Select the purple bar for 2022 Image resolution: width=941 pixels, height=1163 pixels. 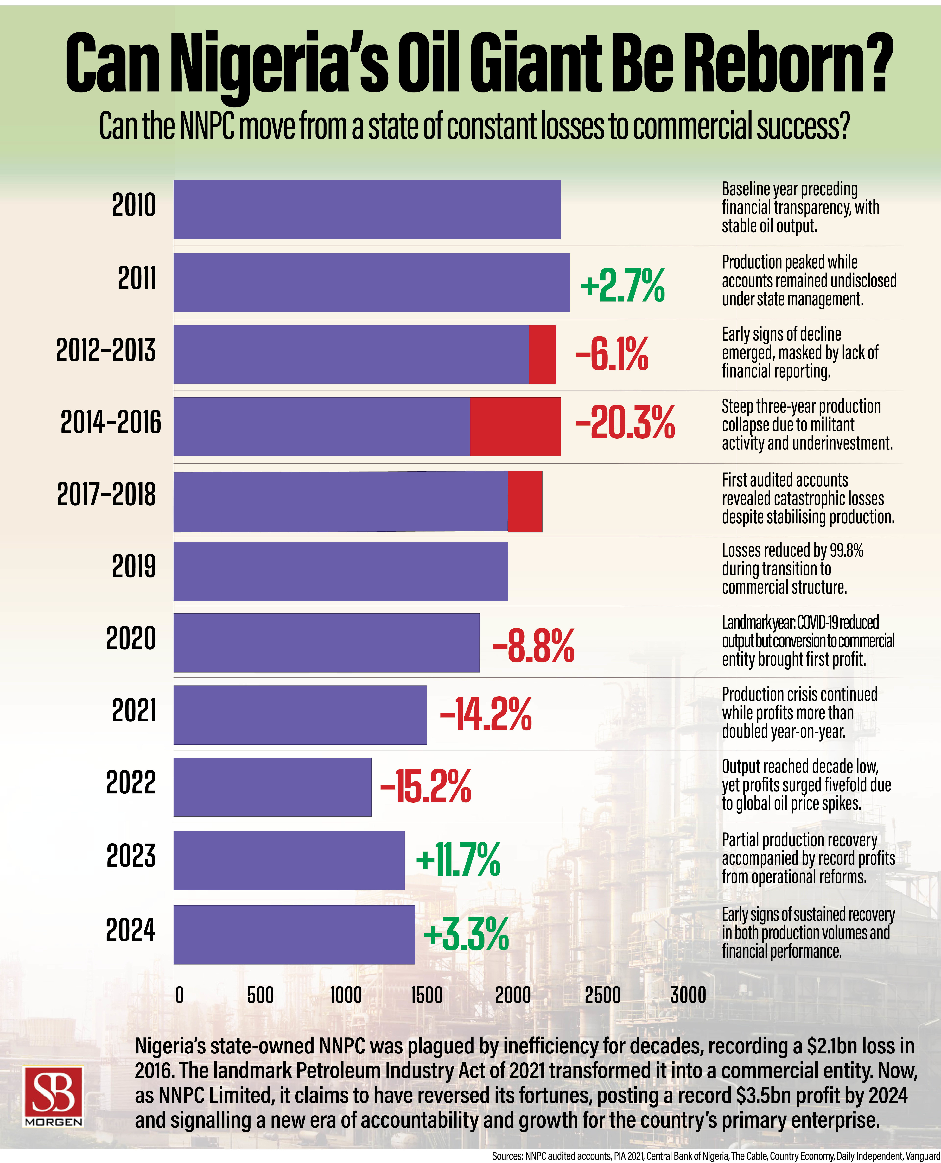tap(272, 786)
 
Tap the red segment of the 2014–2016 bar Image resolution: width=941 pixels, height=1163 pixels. tap(515, 426)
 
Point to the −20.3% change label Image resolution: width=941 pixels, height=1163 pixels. tap(624, 422)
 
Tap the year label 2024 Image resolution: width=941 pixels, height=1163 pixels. tap(131, 930)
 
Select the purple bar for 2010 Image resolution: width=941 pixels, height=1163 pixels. tap(367, 209)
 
